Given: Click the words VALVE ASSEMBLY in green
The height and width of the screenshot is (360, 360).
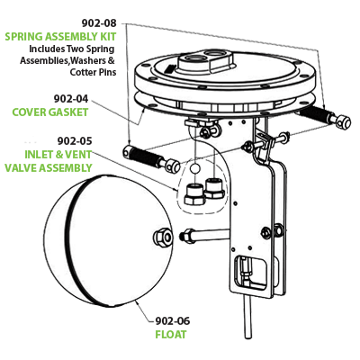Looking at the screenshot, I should [x=49, y=167].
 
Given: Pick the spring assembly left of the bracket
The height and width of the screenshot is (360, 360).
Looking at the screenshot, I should [x=147, y=157].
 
